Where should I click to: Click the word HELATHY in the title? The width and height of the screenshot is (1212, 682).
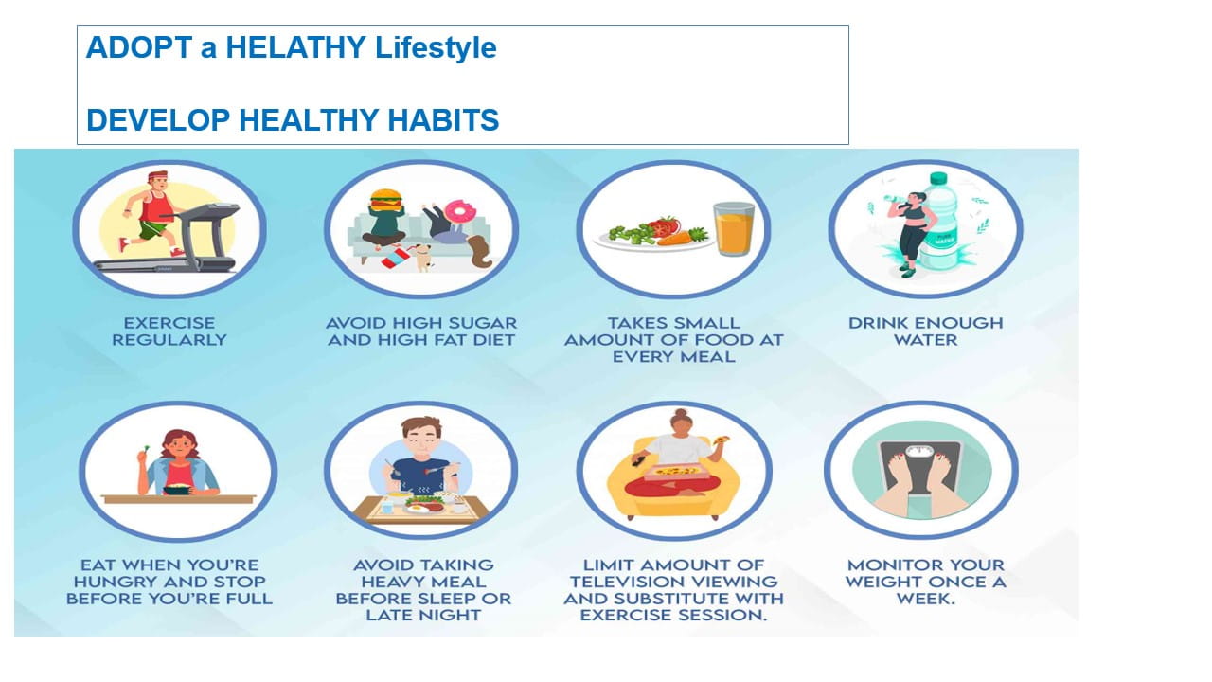[x=295, y=47]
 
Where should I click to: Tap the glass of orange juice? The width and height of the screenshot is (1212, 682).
[x=734, y=228]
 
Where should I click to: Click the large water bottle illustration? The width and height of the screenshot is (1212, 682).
[x=942, y=222]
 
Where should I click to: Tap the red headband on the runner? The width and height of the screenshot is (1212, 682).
[x=157, y=176]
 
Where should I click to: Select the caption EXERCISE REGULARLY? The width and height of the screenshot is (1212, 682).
[x=169, y=332]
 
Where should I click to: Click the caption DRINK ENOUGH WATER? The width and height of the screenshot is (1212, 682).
[x=926, y=332]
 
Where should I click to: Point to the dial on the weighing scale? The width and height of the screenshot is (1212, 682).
[x=919, y=452]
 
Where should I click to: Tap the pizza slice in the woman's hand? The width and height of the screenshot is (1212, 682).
[x=722, y=440]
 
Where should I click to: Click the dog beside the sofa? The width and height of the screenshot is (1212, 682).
[x=421, y=257]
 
